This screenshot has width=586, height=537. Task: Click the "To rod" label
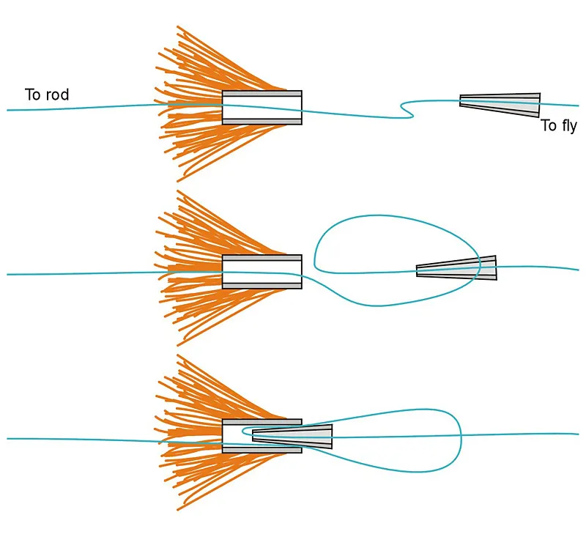(x=47, y=95)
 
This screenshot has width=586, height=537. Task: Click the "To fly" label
(x=559, y=126)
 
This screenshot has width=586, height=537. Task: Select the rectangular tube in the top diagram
(x=262, y=107)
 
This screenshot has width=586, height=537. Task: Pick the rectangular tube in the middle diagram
(x=262, y=271)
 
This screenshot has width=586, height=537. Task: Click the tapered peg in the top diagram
(x=500, y=104)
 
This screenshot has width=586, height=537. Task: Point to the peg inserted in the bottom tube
(x=293, y=436)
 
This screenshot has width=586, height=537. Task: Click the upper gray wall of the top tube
(x=262, y=94)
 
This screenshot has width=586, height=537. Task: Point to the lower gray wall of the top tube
(x=262, y=121)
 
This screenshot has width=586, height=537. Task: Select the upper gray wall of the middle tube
(x=262, y=259)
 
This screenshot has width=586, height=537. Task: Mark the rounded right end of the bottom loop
(x=459, y=436)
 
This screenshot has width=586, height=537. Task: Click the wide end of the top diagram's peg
(x=537, y=105)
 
